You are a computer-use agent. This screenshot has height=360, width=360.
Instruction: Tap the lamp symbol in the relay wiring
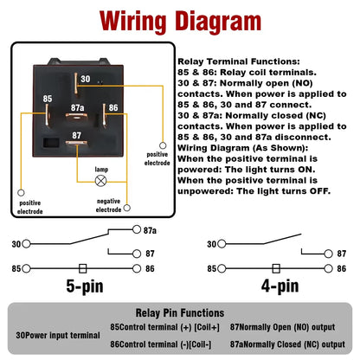coord(100,181)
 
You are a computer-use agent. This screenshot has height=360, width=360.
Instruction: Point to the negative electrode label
coord(108,204)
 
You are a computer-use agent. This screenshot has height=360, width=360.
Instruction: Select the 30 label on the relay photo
coord(85,79)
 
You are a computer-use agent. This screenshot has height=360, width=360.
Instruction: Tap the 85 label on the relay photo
coord(48,99)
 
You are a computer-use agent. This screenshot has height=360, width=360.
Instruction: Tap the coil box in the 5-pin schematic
coord(82,268)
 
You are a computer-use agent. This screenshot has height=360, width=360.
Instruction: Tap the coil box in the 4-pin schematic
coord(275,268)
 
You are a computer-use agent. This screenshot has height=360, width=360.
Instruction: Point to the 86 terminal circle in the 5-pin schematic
coord(135,268)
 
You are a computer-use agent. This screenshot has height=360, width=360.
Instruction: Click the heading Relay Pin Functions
coord(180,312)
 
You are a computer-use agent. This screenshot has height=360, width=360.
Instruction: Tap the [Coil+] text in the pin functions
coord(198,326)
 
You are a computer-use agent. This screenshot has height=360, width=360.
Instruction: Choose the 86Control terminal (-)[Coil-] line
coord(163,343)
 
